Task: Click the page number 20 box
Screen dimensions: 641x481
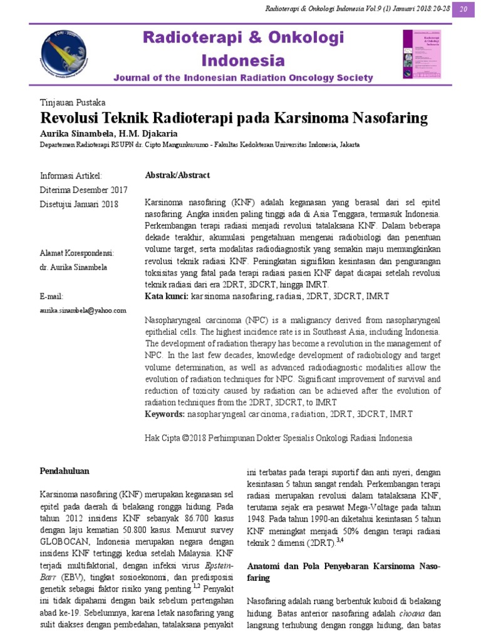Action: pyautogui.click(x=464, y=9)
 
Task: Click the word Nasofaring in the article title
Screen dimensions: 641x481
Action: pyautogui.click(x=388, y=118)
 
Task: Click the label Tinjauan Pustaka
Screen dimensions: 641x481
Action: pyautogui.click(x=73, y=102)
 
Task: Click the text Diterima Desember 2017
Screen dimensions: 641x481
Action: pyautogui.click(x=83, y=190)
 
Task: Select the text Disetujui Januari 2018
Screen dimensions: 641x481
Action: pyautogui.click(x=78, y=204)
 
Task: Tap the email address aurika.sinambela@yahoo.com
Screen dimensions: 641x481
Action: pyautogui.click(x=83, y=310)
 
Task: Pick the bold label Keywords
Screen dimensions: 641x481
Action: pyautogui.click(x=165, y=414)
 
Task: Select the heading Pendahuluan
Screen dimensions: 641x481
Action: pyautogui.click(x=65, y=470)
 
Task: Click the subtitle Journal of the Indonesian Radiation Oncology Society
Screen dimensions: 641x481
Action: pyautogui.click(x=244, y=78)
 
